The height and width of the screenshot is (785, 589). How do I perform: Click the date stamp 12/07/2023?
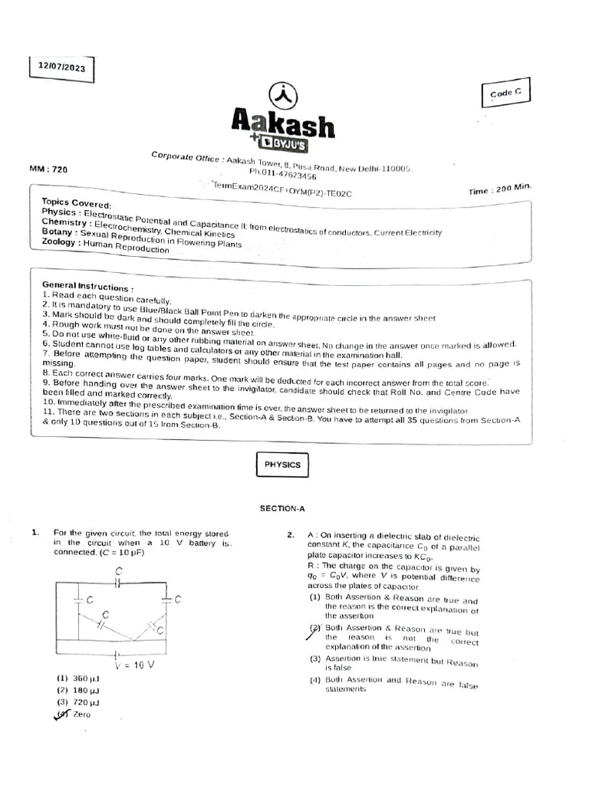(62, 67)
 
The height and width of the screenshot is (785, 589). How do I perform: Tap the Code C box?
(505, 92)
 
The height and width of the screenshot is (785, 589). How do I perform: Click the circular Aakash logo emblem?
(283, 95)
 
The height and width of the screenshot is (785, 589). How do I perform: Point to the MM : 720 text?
(48, 170)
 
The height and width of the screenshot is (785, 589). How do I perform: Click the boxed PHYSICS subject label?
(282, 465)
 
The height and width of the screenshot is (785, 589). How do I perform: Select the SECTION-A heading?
(283, 507)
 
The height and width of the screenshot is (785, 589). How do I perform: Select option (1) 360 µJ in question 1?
(77, 678)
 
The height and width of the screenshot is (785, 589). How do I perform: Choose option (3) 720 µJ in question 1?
(78, 701)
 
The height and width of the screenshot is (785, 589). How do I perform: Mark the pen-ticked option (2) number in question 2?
(314, 628)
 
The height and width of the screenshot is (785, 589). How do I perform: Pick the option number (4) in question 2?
(314, 680)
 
